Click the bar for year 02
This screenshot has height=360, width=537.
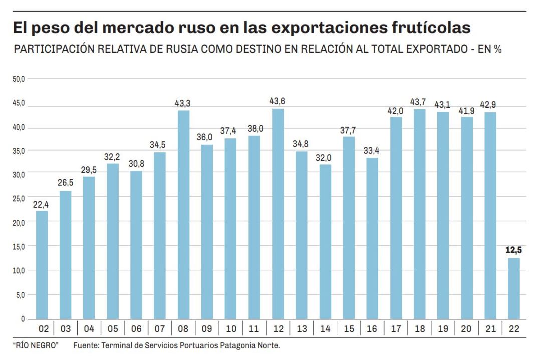pyautogui.click(x=42, y=264)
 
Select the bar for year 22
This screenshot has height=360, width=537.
pyautogui.click(x=513, y=288)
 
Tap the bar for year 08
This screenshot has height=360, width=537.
pyautogui.click(x=184, y=214)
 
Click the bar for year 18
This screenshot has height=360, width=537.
pyautogui.click(x=419, y=214)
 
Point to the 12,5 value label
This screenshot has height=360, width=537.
pyautogui.click(x=513, y=250)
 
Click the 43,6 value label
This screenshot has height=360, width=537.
pyautogui.click(x=278, y=101)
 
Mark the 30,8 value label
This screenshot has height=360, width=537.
pyautogui.click(x=137, y=163)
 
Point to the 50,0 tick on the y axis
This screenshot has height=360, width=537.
pyautogui.click(x=19, y=79)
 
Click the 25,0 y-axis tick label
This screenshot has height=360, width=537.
pyautogui.click(x=19, y=199)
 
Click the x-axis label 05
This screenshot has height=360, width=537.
pyautogui.click(x=113, y=329)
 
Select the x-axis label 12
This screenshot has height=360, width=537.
pyautogui.click(x=278, y=329)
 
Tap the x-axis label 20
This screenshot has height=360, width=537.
pyautogui.click(x=466, y=329)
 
